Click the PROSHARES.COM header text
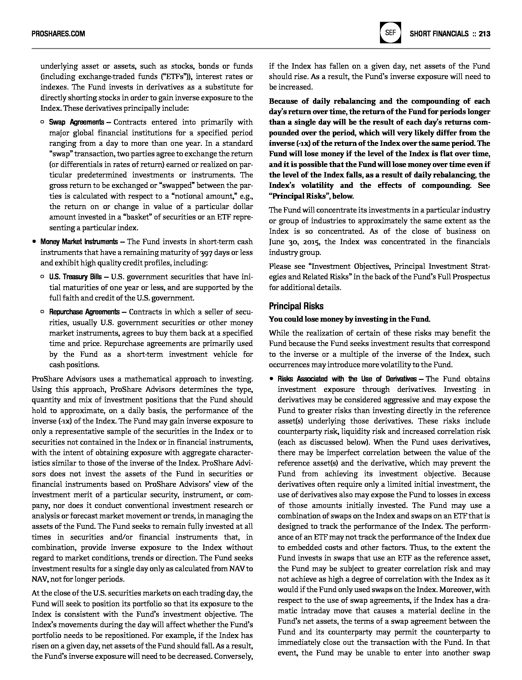click(58, 34)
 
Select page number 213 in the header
click(484, 34)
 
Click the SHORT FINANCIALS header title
click(439, 34)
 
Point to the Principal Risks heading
click(296, 306)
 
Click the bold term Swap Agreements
click(76, 122)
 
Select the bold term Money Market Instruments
click(79, 242)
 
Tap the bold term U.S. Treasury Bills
click(75, 277)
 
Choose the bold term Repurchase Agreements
click(84, 312)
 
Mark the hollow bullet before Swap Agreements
click(42, 122)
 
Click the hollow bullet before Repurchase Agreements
click(42, 312)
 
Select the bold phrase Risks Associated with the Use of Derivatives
click(347, 379)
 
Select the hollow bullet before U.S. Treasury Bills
click(42, 277)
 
